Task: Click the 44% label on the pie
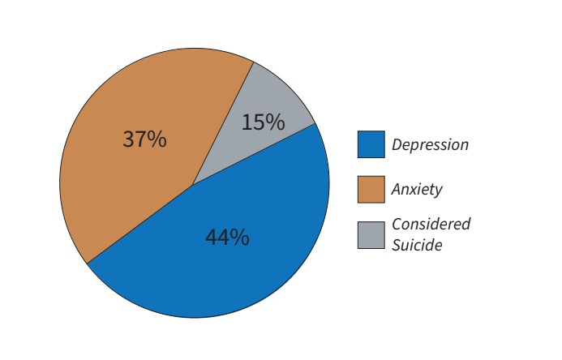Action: point(227,238)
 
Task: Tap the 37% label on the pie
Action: point(144,139)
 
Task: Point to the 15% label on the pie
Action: point(263,122)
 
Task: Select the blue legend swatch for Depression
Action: point(371,144)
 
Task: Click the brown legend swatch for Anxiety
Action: point(371,190)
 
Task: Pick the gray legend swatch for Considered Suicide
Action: point(371,234)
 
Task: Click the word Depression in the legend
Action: point(430,145)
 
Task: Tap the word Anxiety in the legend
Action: point(417,190)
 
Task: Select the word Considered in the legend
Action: point(431,224)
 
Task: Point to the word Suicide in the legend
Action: point(417,244)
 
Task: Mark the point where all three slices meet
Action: point(193,185)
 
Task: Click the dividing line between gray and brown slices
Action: point(223,124)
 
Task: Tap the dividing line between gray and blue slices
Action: point(254,154)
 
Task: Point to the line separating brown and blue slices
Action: point(139,224)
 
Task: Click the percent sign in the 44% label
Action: point(240,238)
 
